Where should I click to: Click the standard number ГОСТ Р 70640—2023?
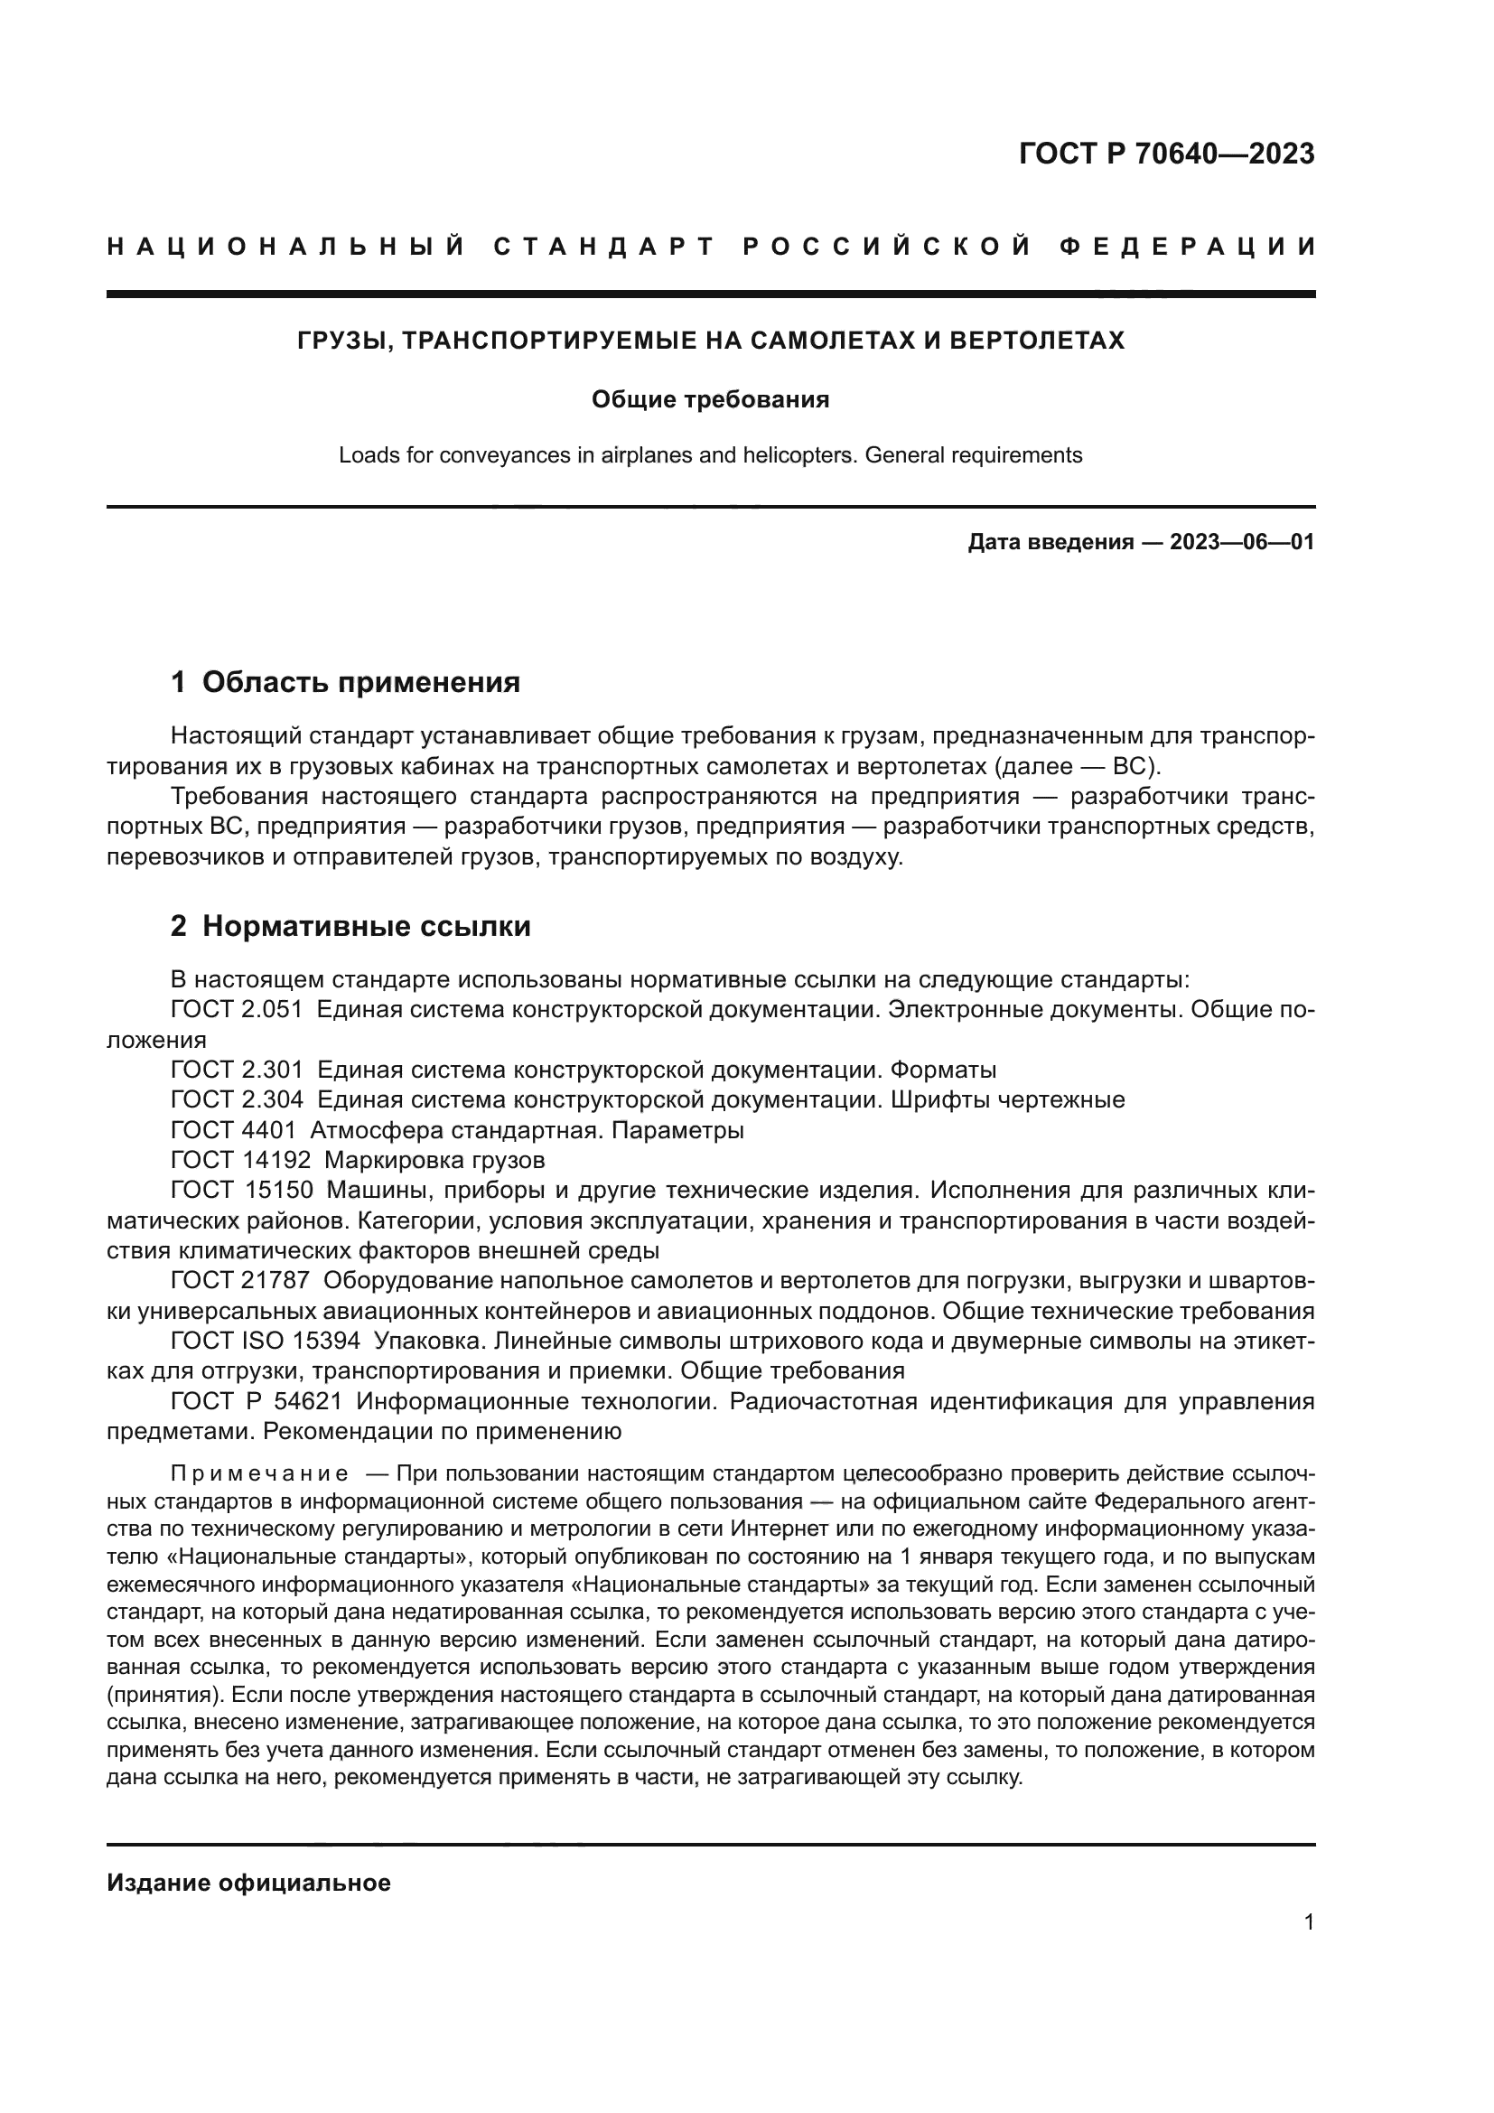tap(1166, 154)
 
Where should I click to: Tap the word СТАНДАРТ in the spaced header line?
tap(604, 247)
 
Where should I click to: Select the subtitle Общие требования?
tap(710, 399)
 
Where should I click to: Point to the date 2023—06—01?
tap(1241, 542)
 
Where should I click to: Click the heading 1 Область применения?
tap(346, 682)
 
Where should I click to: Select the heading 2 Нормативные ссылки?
tap(350, 926)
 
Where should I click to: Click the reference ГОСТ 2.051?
tap(237, 1010)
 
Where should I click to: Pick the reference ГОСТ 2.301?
tap(237, 1071)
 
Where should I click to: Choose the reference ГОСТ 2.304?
tap(237, 1099)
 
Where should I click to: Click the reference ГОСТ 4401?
tap(234, 1130)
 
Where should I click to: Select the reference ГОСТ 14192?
tap(241, 1160)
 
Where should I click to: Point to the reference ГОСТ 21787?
tap(241, 1280)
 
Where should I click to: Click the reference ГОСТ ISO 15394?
tap(265, 1341)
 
